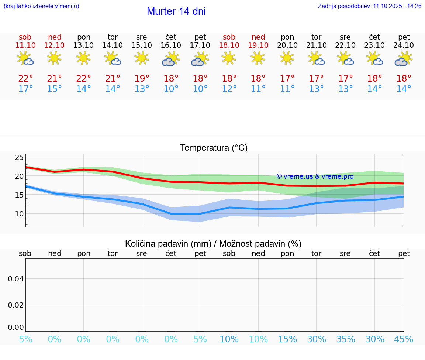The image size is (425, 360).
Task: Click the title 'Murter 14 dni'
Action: click(176, 11)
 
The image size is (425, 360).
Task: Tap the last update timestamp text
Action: click(370, 6)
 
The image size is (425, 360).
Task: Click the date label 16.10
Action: click(171, 45)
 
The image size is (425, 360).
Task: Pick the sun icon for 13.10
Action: click(84, 58)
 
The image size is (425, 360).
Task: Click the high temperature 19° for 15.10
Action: click(142, 78)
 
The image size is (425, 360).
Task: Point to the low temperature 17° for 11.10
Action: click(25, 89)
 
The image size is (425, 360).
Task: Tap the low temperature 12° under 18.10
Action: click(229, 89)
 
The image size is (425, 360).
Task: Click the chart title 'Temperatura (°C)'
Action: click(214, 148)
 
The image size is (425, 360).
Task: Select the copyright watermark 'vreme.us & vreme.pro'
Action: click(315, 176)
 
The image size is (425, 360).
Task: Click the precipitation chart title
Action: click(213, 244)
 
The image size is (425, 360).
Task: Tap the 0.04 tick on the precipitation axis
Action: click(16, 278)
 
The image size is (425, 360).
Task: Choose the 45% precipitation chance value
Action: click(404, 339)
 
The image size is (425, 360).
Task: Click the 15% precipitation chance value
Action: click(287, 339)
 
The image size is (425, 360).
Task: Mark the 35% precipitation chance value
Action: click(346, 339)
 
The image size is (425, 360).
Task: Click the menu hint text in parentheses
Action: click(41, 6)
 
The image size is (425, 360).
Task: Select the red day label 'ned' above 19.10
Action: click(258, 37)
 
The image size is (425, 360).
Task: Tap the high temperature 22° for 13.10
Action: click(84, 78)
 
